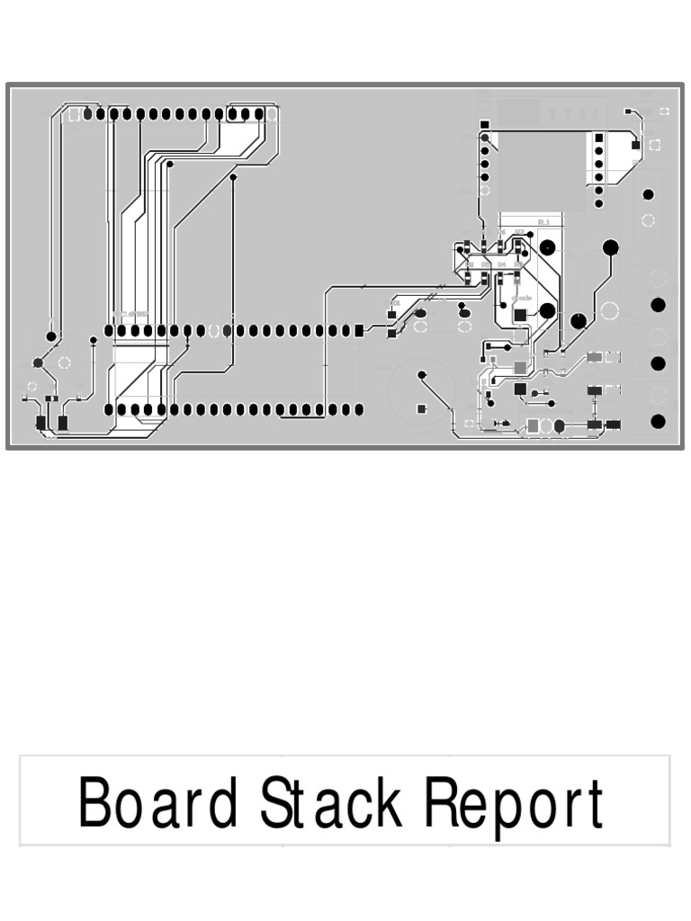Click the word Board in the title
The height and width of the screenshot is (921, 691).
[x=158, y=803]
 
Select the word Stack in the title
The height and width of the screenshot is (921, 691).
[x=331, y=803]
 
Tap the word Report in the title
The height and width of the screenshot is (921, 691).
[x=514, y=803]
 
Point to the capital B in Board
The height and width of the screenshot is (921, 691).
[x=94, y=803]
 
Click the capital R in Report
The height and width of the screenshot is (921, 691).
[x=441, y=803]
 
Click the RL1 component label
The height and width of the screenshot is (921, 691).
[x=543, y=221]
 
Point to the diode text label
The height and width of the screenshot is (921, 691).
[x=522, y=298]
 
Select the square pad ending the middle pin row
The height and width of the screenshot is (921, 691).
[x=359, y=331]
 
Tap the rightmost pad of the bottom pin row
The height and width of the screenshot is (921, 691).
[x=359, y=410]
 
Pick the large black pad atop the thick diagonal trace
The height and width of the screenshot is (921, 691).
[x=610, y=247]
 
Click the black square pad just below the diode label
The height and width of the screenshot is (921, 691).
[x=520, y=315]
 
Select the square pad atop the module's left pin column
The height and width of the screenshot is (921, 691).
[x=485, y=125]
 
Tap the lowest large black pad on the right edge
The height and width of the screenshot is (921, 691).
[x=658, y=421]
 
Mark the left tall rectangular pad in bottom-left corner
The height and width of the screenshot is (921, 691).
[x=40, y=423]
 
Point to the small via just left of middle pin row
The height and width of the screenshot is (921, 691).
[x=94, y=340]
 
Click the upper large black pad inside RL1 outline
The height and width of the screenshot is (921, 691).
[x=546, y=247]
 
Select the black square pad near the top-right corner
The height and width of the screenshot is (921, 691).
[x=636, y=145]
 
